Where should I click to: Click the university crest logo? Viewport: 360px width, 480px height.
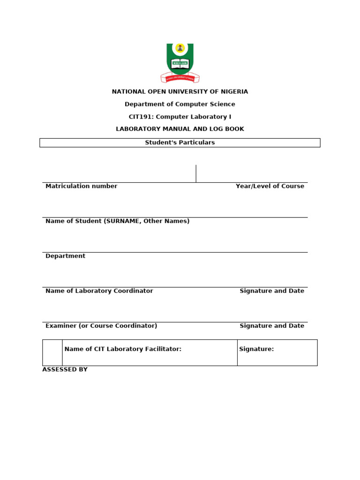click(180, 63)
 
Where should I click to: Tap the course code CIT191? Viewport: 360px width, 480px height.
click(140, 117)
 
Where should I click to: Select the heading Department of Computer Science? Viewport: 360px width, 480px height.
click(180, 104)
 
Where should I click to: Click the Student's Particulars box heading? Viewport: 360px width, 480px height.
click(180, 142)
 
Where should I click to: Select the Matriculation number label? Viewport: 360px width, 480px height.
click(81, 186)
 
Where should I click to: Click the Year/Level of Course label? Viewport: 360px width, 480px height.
click(270, 186)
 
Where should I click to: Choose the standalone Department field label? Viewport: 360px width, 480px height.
click(65, 256)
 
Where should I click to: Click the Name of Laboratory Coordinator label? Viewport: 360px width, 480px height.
click(99, 291)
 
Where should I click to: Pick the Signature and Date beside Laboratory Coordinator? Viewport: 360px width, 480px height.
click(272, 291)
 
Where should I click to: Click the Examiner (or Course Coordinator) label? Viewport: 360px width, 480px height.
click(101, 326)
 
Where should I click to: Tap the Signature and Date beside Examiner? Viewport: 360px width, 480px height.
click(272, 326)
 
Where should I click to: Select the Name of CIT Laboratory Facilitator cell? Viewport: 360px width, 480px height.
click(123, 349)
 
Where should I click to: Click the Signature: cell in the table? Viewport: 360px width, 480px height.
click(256, 349)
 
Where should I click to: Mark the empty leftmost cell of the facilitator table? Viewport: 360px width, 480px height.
click(52, 352)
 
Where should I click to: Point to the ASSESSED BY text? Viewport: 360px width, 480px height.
click(65, 370)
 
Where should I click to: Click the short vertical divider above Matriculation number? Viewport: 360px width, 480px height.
click(196, 173)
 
